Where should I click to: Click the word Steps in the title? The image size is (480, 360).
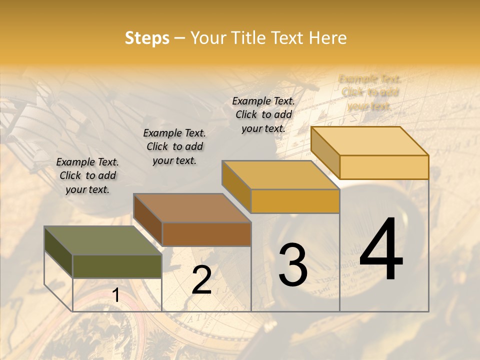tap(147, 38)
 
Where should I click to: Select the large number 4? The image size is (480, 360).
tap(381, 250)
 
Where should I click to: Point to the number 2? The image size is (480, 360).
tap(201, 280)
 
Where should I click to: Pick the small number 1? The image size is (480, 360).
tap(115, 295)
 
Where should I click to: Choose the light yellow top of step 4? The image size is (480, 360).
tap(369, 141)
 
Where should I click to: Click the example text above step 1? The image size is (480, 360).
tap(87, 175)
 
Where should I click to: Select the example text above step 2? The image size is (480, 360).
tap(174, 146)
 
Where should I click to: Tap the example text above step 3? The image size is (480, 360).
tap(263, 114)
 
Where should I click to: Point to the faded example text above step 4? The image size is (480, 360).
tap(369, 92)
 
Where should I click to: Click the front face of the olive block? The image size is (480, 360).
tap(117, 266)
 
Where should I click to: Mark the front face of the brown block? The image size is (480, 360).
tap(206, 234)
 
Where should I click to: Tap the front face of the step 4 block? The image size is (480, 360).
tap(384, 167)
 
